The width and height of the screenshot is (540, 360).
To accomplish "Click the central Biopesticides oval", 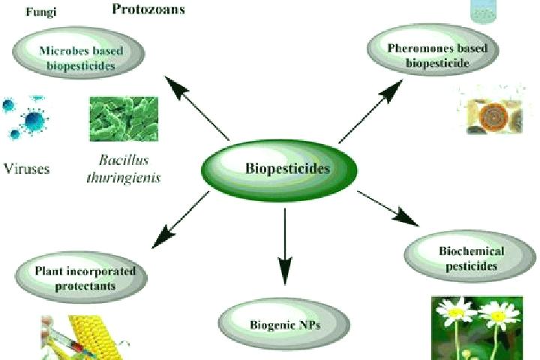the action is [x=279, y=169].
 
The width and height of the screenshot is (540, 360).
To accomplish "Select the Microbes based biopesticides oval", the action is [x=79, y=52].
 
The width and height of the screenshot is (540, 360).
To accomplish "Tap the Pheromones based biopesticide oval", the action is [x=433, y=50].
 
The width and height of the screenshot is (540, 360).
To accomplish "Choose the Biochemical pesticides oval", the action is [x=470, y=256].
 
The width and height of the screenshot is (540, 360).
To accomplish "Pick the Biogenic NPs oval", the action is [x=284, y=324].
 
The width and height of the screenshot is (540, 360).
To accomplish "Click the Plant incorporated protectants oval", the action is [x=81, y=277].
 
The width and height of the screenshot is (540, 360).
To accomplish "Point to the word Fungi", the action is [x=41, y=12].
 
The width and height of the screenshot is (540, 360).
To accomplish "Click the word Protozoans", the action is [x=148, y=9].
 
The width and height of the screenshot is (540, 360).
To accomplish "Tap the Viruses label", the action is [x=27, y=169].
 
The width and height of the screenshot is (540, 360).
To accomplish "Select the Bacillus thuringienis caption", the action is [x=124, y=169].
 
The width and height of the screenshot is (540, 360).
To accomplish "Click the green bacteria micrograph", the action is [x=124, y=118].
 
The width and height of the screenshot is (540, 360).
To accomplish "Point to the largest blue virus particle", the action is [x=34, y=121].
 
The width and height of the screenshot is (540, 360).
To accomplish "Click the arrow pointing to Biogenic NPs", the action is [x=285, y=246].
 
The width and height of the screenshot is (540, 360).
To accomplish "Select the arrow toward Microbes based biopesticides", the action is [x=197, y=108].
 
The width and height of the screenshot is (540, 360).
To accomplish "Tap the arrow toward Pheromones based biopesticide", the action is [x=370, y=111].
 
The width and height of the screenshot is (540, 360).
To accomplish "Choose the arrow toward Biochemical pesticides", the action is [x=388, y=208].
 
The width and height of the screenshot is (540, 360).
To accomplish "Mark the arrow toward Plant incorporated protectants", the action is [x=180, y=220].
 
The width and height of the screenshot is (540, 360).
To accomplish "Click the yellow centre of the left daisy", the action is [x=456, y=313].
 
